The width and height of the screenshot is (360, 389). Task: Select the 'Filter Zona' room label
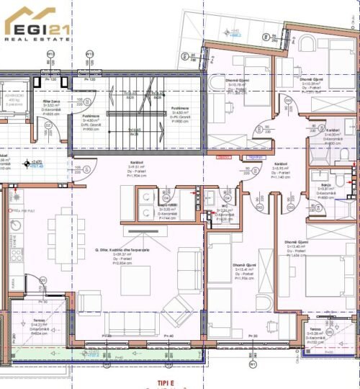coord(51,104)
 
